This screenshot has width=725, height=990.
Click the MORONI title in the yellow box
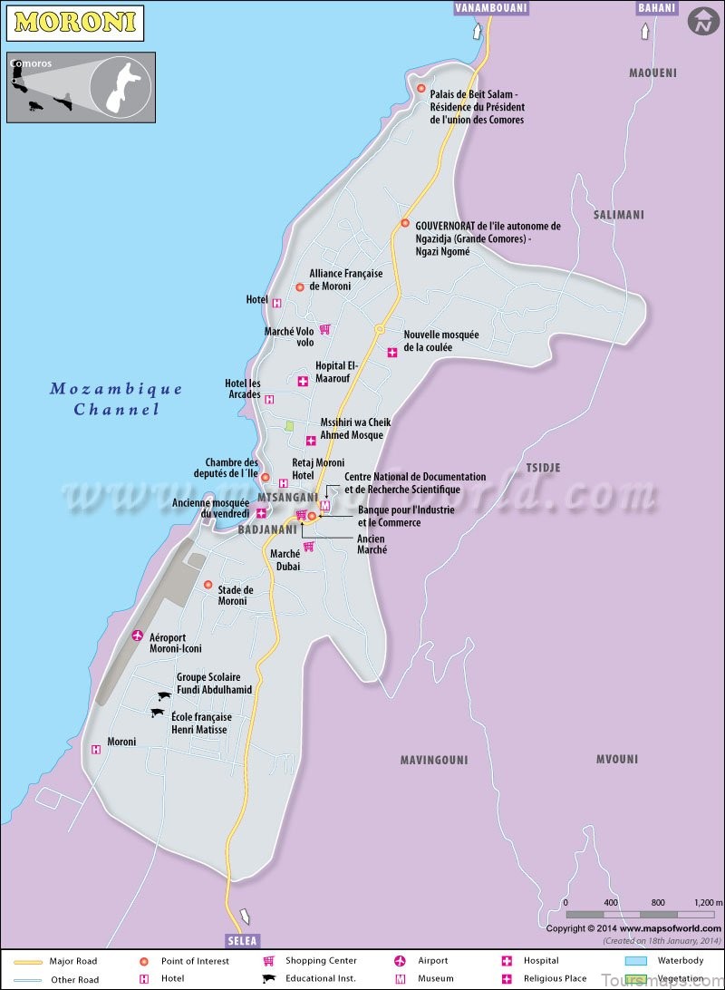[x=75, y=22]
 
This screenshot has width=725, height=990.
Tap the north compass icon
[x=702, y=21]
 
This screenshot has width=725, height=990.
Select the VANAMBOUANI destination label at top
[x=489, y=8]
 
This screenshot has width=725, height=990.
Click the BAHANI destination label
[x=657, y=8]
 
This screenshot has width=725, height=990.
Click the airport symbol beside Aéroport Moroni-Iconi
[x=138, y=636]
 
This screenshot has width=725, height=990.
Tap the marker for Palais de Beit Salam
[x=421, y=88]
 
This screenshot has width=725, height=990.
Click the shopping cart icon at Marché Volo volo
[x=324, y=329]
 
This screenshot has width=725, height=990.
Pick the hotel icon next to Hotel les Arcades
[x=269, y=399]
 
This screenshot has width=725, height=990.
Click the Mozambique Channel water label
[x=116, y=399]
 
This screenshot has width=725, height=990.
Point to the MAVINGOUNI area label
[x=434, y=760]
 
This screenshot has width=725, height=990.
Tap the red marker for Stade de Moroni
[x=208, y=585]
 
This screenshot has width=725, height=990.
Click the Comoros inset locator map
[x=82, y=87]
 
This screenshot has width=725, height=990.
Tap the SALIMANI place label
[x=618, y=215]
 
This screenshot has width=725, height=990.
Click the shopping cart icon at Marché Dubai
[x=308, y=546]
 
